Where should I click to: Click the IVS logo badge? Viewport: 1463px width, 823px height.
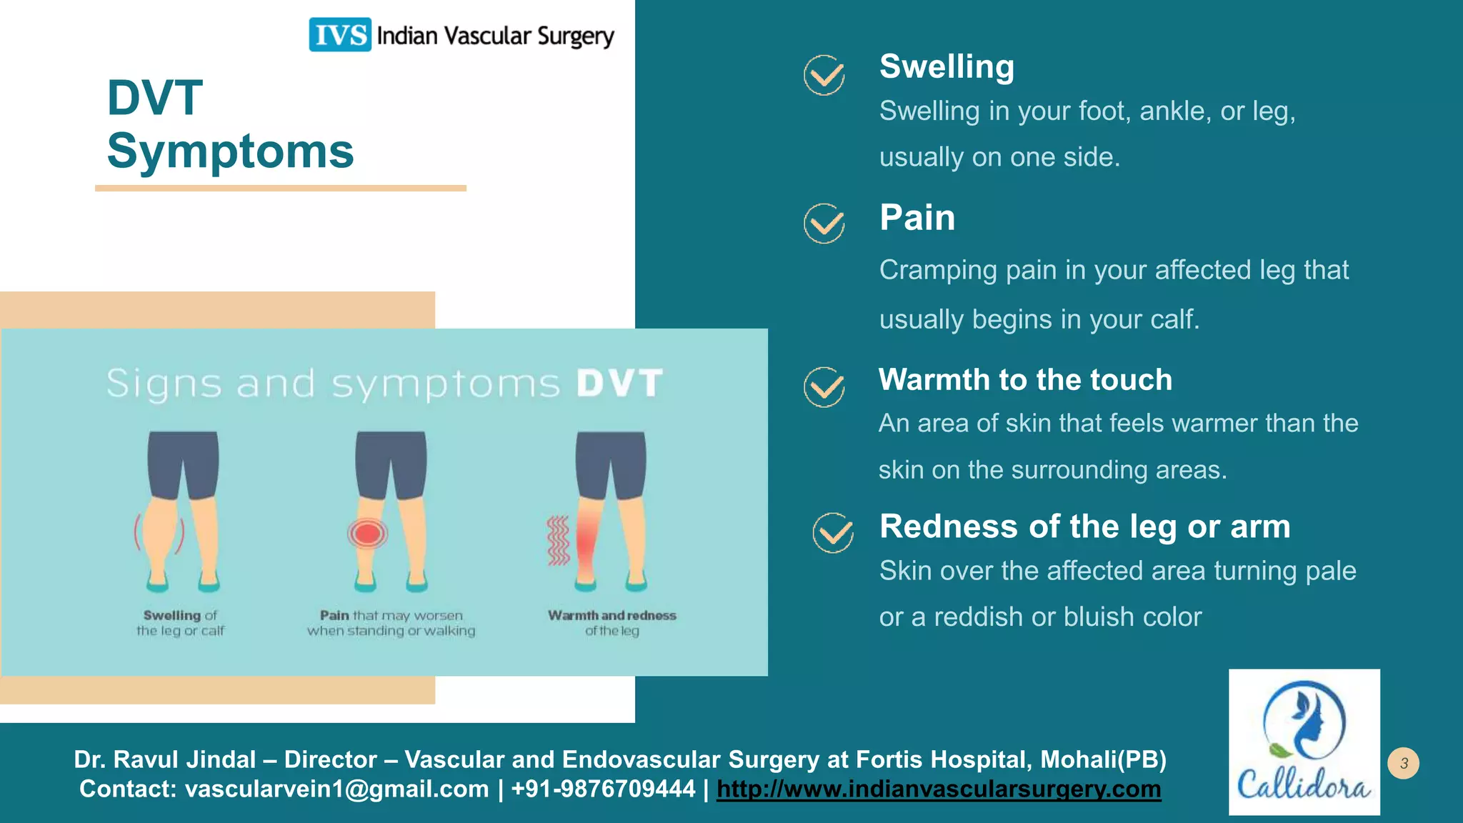pyautogui.click(x=339, y=34)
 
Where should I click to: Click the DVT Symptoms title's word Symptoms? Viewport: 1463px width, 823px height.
pyautogui.click(x=230, y=151)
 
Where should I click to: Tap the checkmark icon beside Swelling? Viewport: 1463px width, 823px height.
pyautogui.click(x=824, y=75)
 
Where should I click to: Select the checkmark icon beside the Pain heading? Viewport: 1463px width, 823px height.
pyautogui.click(x=824, y=223)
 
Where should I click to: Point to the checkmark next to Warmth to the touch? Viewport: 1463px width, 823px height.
pyautogui.click(x=824, y=386)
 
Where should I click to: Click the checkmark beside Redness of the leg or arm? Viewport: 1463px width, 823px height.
pyautogui.click(x=832, y=532)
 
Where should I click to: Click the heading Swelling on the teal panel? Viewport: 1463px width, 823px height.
pyautogui.click(x=947, y=66)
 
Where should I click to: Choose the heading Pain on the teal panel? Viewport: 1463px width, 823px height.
pyautogui.click(x=917, y=217)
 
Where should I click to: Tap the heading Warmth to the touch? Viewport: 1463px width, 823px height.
pyautogui.click(x=1025, y=379)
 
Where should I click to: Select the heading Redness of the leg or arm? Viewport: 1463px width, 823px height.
pyautogui.click(x=1084, y=527)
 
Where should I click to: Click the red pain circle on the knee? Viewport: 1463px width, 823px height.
pyautogui.click(x=367, y=534)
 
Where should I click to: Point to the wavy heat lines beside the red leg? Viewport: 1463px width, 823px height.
pyautogui.click(x=558, y=540)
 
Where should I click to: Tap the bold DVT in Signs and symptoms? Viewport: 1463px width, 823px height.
pyautogui.click(x=619, y=383)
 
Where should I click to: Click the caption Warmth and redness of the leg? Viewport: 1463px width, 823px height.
pyautogui.click(x=611, y=622)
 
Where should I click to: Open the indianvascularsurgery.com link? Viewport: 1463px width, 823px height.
pyautogui.click(x=939, y=789)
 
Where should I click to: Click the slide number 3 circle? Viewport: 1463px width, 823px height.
pyautogui.click(x=1403, y=763)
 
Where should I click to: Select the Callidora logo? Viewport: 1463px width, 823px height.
pyautogui.click(x=1304, y=742)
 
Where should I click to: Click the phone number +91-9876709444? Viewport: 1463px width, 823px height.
pyautogui.click(x=603, y=789)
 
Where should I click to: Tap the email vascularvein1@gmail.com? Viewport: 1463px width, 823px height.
pyautogui.click(x=336, y=789)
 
